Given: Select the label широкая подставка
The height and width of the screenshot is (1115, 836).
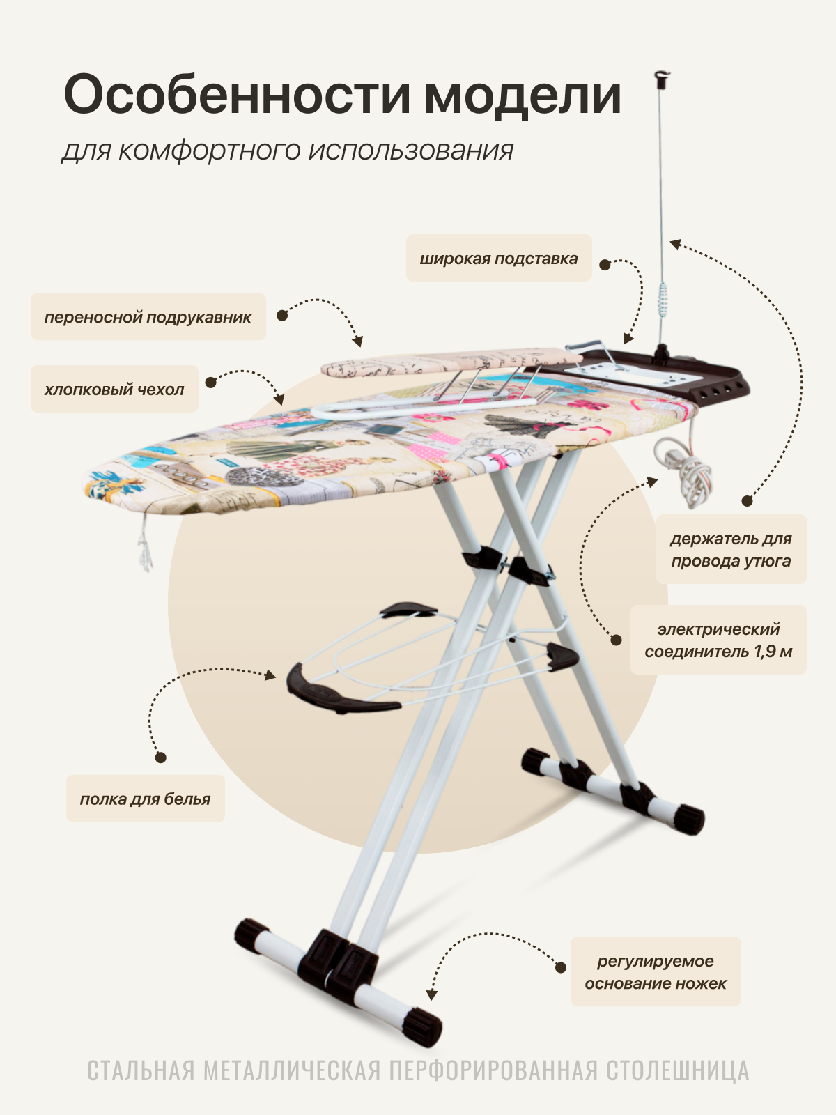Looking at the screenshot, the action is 499,259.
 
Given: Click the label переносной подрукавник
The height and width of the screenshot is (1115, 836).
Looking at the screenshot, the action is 148,317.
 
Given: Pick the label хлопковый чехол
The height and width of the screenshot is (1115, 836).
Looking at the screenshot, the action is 114,389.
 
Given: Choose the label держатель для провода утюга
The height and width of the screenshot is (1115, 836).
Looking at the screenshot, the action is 731,549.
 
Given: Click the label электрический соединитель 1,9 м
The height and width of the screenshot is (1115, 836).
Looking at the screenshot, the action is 718,640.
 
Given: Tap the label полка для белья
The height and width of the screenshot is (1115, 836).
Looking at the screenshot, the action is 145,799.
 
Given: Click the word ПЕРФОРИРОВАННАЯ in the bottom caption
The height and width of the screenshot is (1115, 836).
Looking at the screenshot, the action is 493,1071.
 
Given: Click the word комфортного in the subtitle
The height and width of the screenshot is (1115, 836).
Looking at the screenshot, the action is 209,150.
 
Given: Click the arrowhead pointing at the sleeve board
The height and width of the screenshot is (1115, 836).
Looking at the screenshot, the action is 358,341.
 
